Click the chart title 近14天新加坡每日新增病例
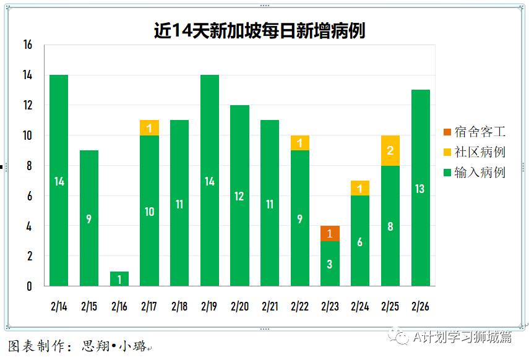[259, 30]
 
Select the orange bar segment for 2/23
[330, 234]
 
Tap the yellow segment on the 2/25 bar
[390, 151]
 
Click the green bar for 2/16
[119, 278]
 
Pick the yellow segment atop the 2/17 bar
[149, 128]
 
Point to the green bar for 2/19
[210, 181]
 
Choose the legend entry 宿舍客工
[474, 132]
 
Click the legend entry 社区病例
[474, 152]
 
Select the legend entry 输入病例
[474, 172]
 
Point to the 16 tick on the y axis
[27, 45]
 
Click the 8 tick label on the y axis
[29, 166]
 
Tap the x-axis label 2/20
[239, 306]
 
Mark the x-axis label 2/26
[420, 306]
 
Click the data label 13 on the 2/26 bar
[420, 189]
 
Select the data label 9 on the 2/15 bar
[89, 219]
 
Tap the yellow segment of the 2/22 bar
[299, 143]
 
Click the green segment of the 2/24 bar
[360, 241]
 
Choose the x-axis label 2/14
[59, 306]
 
